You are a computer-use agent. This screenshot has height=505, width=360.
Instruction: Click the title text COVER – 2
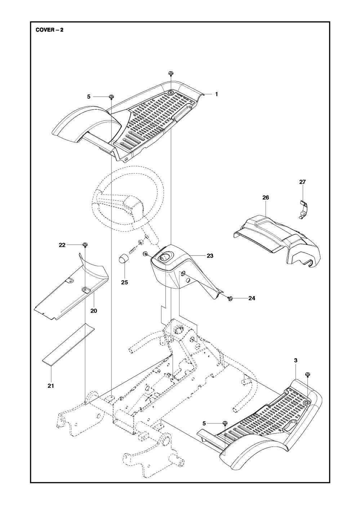click(49, 30)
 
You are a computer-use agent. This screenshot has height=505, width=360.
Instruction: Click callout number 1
click(216, 94)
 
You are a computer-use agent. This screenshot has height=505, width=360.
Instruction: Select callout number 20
click(94, 311)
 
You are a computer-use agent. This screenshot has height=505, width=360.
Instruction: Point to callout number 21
click(51, 386)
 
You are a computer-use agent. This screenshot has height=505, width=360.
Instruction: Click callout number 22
click(62, 245)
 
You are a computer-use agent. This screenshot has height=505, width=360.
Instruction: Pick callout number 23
click(210, 256)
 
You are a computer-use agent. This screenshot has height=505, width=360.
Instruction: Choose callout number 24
click(252, 298)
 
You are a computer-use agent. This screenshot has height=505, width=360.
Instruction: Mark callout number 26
click(266, 198)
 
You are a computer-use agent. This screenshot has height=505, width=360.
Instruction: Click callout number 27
click(302, 182)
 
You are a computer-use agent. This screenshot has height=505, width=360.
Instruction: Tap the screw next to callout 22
click(85, 245)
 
